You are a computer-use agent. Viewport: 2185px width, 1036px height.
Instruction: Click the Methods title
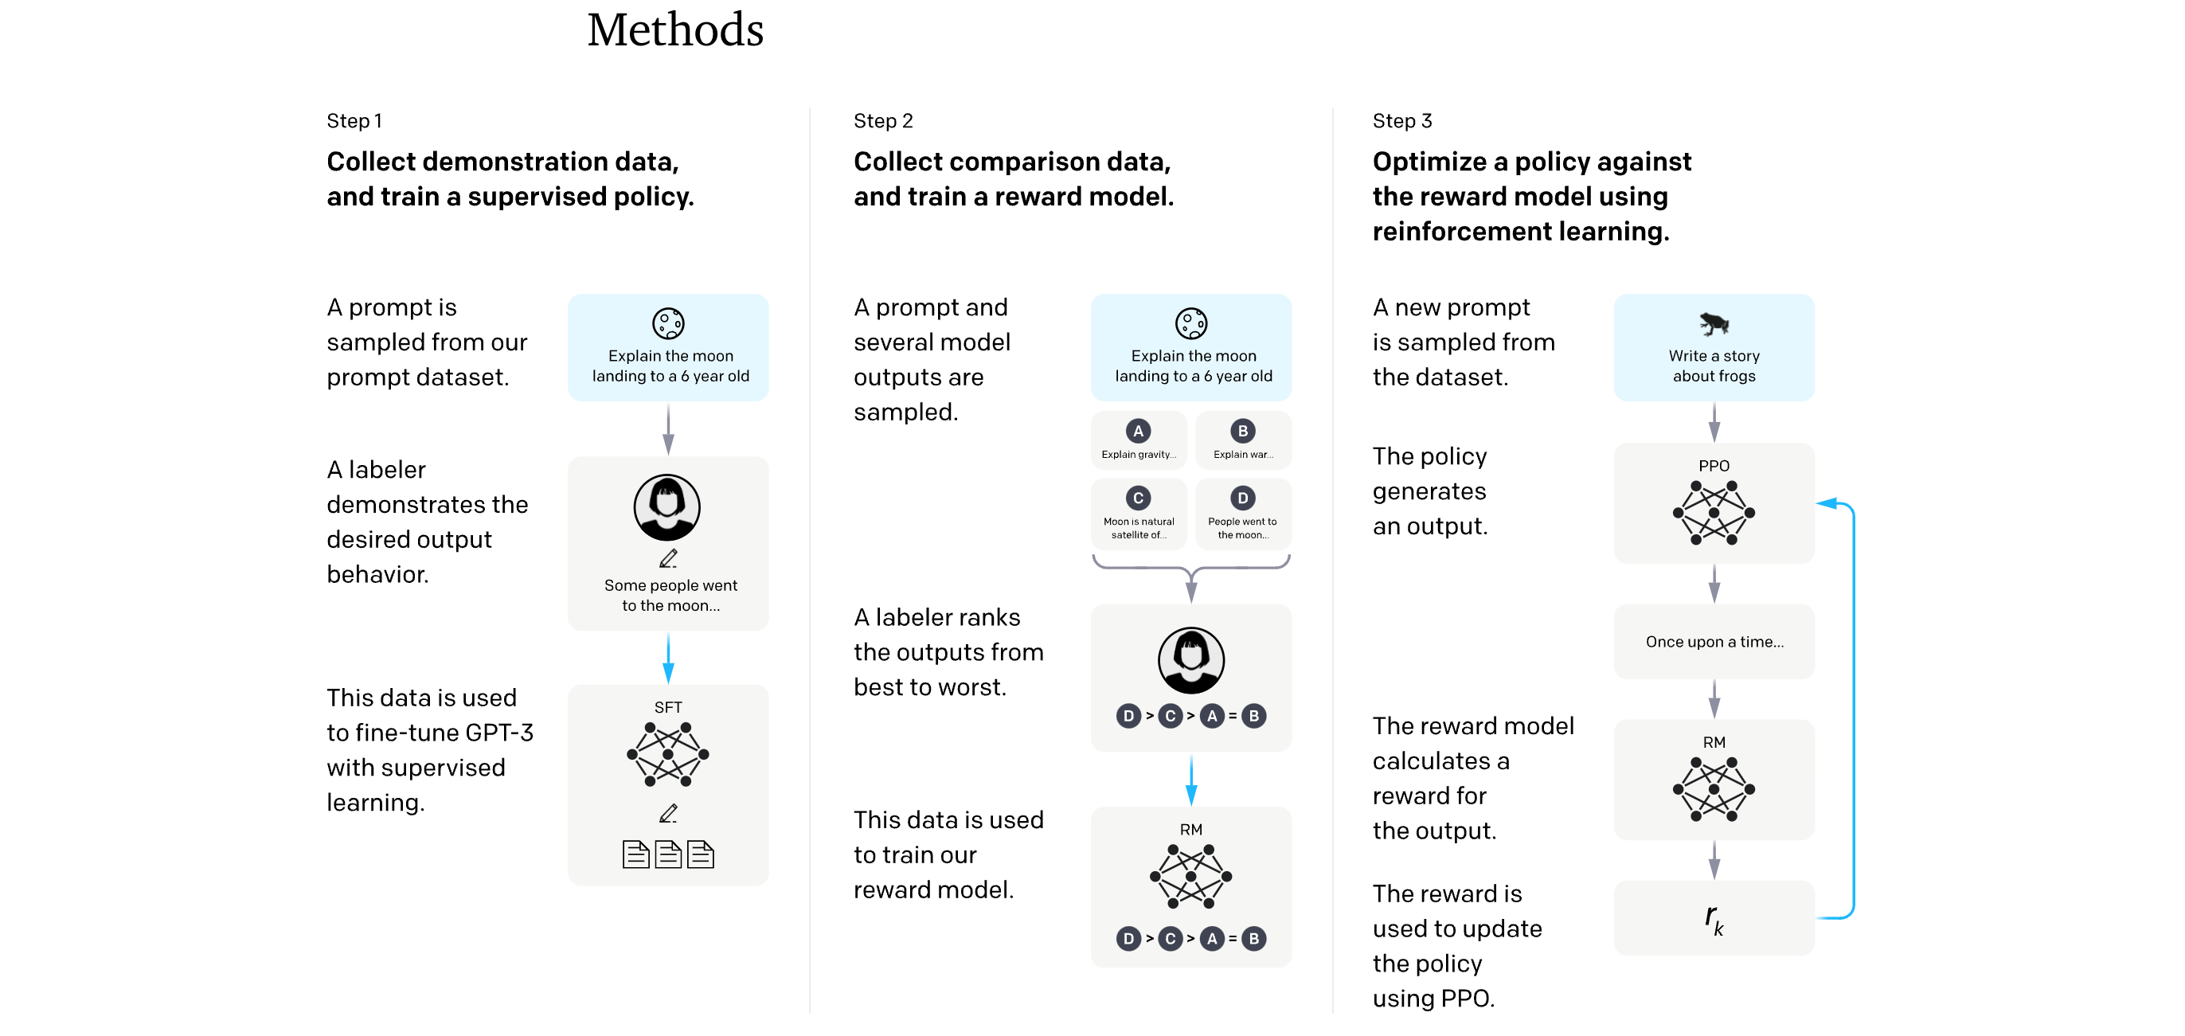click(x=675, y=29)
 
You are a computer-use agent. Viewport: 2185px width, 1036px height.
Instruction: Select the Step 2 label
click(x=883, y=120)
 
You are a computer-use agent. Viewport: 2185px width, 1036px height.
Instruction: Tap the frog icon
click(x=1714, y=323)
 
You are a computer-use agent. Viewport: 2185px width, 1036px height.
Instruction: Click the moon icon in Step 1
click(x=668, y=323)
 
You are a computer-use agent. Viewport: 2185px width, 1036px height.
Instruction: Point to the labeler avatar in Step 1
click(x=667, y=507)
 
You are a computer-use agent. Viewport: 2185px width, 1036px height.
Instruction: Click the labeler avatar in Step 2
click(x=1191, y=660)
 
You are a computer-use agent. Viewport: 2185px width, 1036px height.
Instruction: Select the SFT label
click(x=668, y=707)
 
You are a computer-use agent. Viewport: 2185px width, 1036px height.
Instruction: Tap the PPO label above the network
click(x=1714, y=466)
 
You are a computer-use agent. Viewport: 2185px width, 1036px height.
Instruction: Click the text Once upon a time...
click(x=1714, y=642)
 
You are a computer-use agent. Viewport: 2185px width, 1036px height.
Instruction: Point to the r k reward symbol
click(x=1714, y=919)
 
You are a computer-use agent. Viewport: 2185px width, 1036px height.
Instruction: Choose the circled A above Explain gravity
click(x=1139, y=431)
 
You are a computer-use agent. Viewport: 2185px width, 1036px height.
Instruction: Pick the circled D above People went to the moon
click(x=1243, y=498)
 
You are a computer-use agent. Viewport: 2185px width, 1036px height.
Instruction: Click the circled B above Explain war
click(x=1243, y=431)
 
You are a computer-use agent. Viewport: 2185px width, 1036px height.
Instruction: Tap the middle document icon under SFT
click(x=668, y=854)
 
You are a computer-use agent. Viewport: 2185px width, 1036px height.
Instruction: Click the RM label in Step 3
click(x=1714, y=742)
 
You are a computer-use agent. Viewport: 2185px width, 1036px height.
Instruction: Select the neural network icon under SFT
click(x=668, y=754)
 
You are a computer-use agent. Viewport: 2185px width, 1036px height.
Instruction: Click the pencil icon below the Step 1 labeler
click(x=668, y=558)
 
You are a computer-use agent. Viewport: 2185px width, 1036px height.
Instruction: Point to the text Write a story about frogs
click(x=1714, y=366)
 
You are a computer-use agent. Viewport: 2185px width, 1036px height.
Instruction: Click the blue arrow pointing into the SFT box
click(x=668, y=658)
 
